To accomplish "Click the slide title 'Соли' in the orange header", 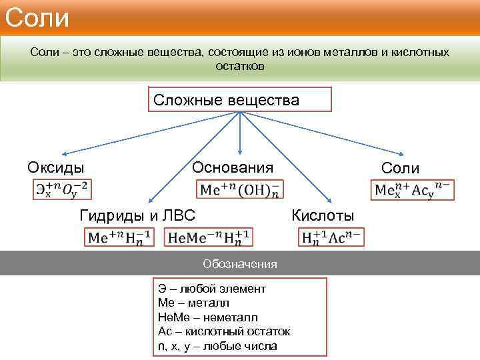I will tap(37, 17).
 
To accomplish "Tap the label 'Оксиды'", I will tap(56, 167).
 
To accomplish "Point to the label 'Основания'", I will tap(233, 167).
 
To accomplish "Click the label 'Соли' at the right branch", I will tap(401, 168).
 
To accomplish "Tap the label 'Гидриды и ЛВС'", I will tap(137, 215).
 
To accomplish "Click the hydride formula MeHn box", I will tap(121, 237).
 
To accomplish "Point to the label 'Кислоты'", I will tap(323, 215).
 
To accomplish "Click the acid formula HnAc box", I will tap(331, 237).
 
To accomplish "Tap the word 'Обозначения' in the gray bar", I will tap(240, 264).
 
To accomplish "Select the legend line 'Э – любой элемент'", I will tap(212, 289).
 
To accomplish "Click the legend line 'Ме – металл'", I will tap(194, 303).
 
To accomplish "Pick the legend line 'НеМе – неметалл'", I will tap(208, 318).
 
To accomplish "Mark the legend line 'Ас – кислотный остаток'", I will tap(224, 332).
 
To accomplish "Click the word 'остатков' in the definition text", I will tap(240, 66).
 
